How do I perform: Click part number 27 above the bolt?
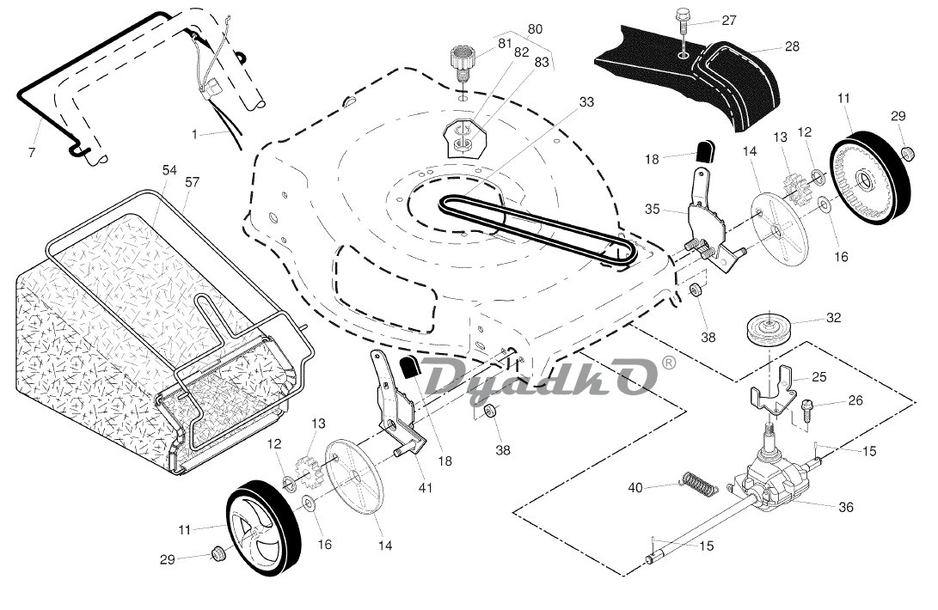tap(729, 21)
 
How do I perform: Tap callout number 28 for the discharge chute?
tap(792, 46)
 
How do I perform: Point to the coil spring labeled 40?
tap(700, 485)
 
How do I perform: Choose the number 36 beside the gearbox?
tap(846, 507)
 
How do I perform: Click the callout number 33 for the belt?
tap(586, 101)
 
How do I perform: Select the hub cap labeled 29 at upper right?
tap(907, 153)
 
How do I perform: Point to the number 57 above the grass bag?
tap(192, 182)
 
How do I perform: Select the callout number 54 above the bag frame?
tap(169, 170)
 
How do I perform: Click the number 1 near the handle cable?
tap(195, 133)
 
